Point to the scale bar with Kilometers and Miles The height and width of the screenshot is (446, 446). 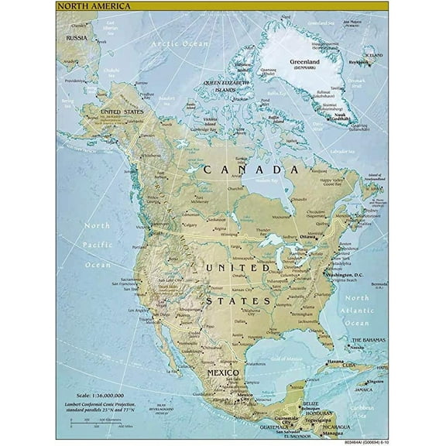tap(92, 422)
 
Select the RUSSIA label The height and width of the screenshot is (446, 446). tap(76, 37)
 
